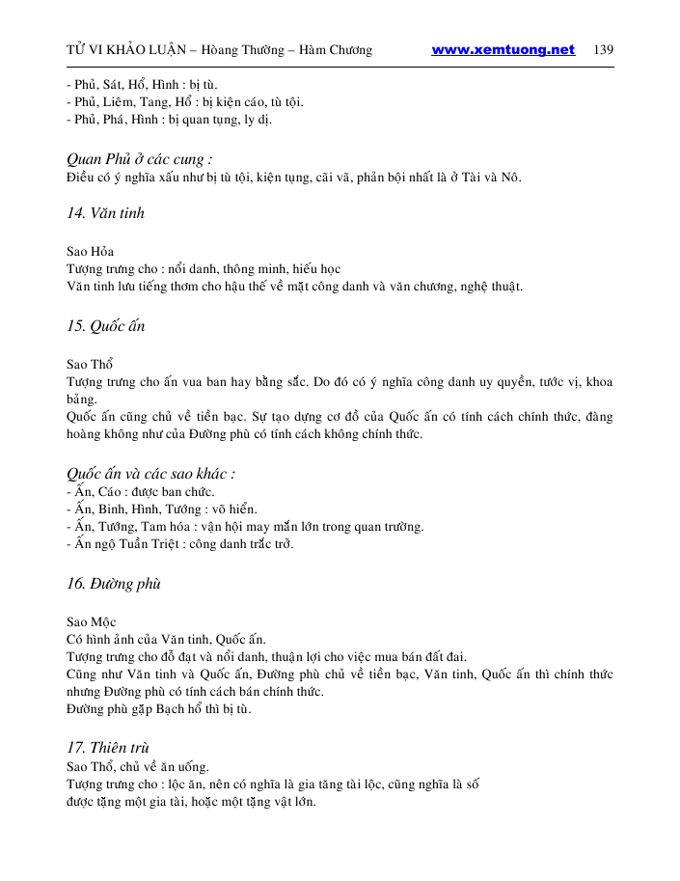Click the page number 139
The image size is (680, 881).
pyautogui.click(x=604, y=50)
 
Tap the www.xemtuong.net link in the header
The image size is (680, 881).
pyautogui.click(x=503, y=50)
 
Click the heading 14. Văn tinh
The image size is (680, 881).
pyautogui.click(x=105, y=213)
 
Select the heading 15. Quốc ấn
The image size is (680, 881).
pyautogui.click(x=105, y=326)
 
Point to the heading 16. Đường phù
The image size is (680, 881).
pyautogui.click(x=113, y=584)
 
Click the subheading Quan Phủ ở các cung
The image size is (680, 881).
pyautogui.click(x=139, y=158)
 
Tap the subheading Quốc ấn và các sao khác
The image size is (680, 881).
pyautogui.click(x=151, y=474)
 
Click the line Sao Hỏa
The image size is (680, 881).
pyautogui.click(x=90, y=252)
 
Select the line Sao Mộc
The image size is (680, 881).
pyautogui.click(x=91, y=622)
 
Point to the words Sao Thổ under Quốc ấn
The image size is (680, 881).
pyautogui.click(x=90, y=365)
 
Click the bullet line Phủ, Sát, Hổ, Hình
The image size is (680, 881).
pyautogui.click(x=142, y=84)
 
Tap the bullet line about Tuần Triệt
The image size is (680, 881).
pyautogui.click(x=179, y=543)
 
